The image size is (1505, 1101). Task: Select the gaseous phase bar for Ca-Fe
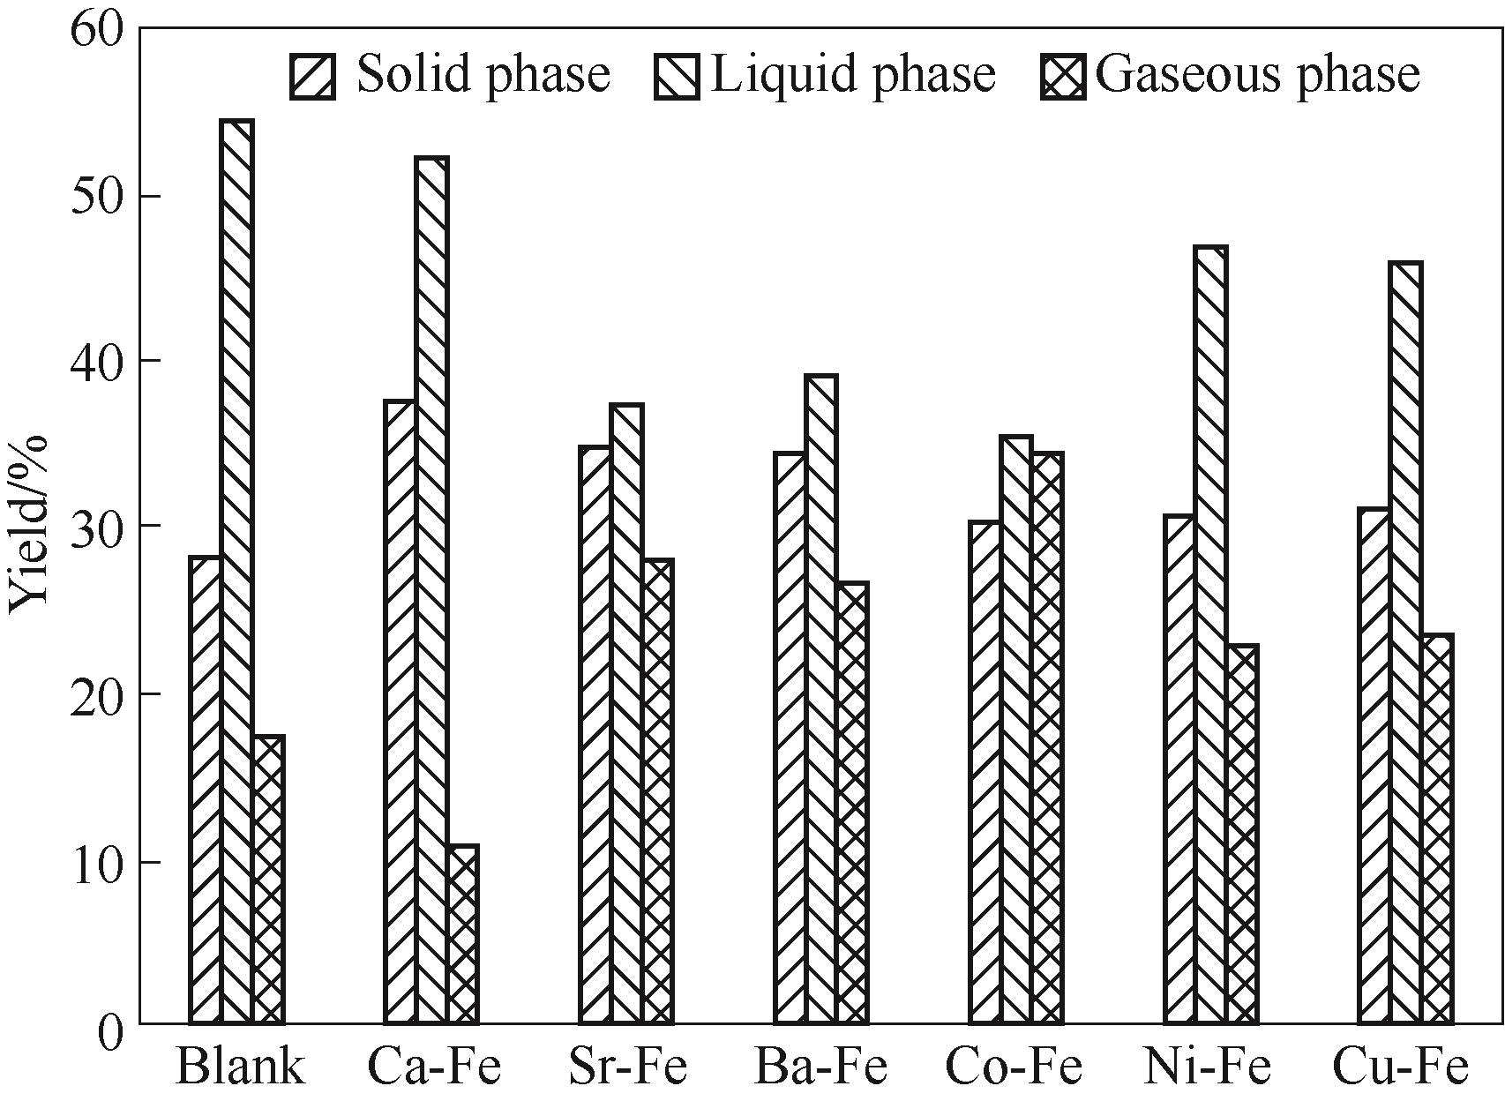tap(462, 935)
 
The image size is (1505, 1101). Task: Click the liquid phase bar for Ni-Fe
tap(1211, 635)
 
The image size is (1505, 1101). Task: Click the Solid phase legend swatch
tap(312, 76)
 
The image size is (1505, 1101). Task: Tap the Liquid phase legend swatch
tap(677, 76)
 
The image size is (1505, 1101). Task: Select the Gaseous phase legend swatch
tap(1063, 76)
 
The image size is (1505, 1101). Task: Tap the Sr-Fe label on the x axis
tap(627, 1067)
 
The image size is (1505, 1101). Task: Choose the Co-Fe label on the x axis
tap(1014, 1067)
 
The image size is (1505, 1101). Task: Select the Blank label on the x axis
tap(240, 1067)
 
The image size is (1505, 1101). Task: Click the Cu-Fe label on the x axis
tap(1401, 1067)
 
